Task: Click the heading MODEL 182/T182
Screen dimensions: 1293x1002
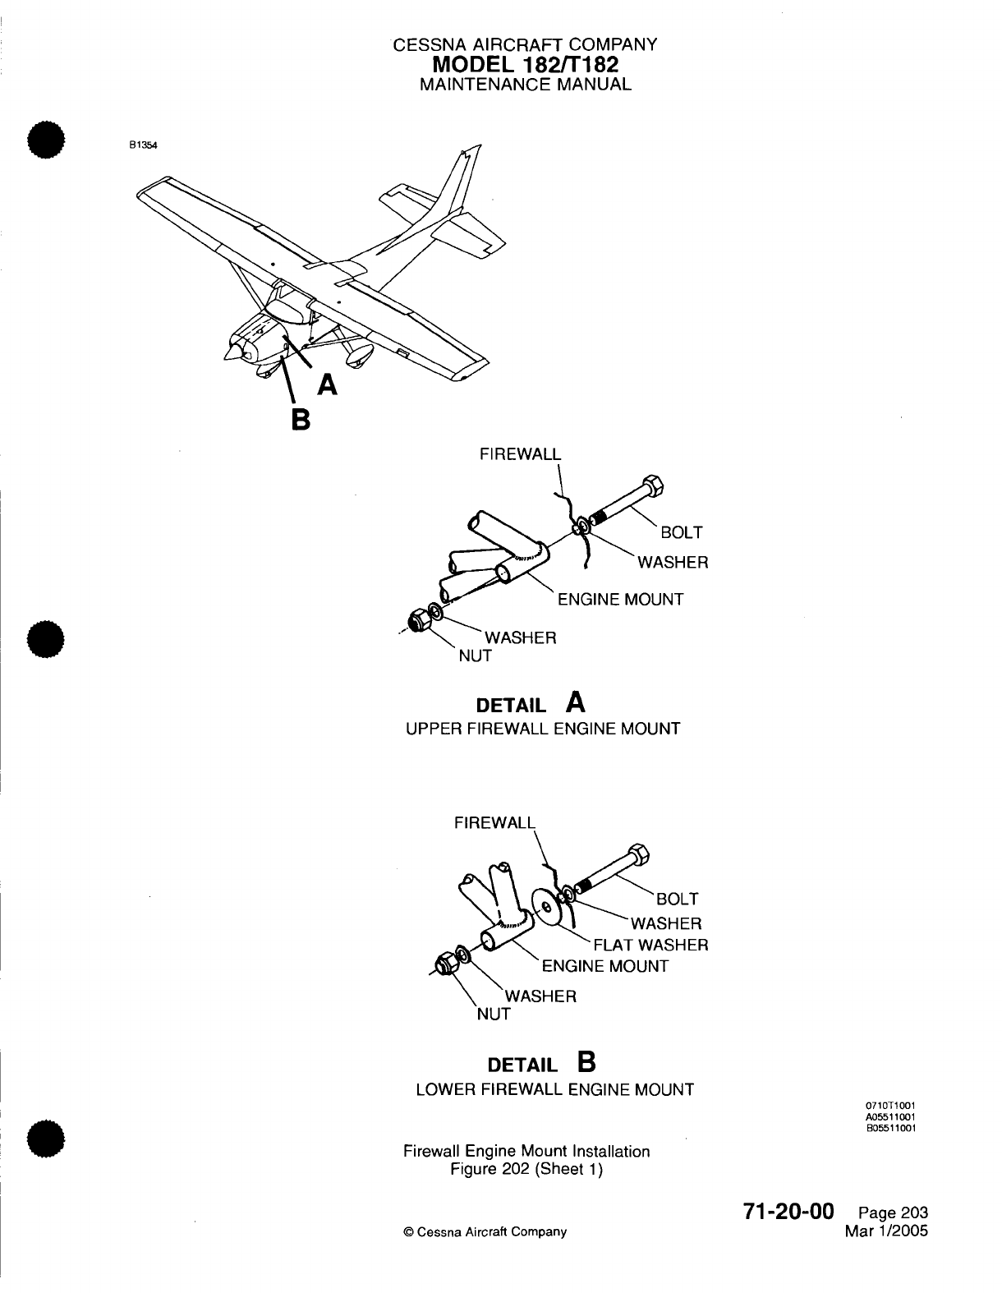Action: (x=526, y=65)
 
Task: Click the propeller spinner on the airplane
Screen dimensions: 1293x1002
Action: (x=232, y=352)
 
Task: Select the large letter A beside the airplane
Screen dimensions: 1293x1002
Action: (x=327, y=384)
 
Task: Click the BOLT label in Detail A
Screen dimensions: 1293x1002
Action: (x=682, y=532)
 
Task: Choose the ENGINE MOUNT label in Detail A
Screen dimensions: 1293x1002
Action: (x=620, y=600)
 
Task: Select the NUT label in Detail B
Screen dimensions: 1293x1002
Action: (x=494, y=1014)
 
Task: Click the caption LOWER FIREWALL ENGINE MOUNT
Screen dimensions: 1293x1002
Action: (x=554, y=1089)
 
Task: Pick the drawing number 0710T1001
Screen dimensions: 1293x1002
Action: (x=890, y=1107)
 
